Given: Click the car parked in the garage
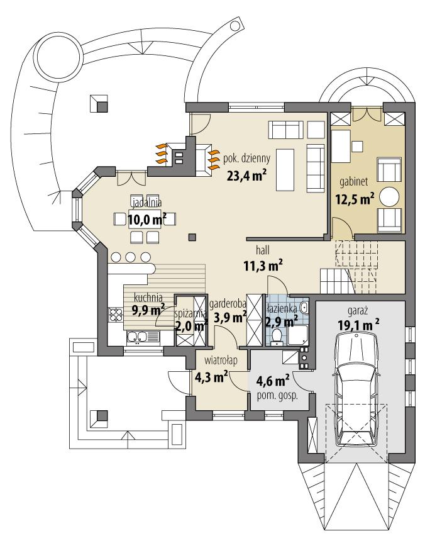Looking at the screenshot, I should pyautogui.click(x=355, y=389).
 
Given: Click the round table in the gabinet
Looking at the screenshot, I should pyautogui.click(x=390, y=196).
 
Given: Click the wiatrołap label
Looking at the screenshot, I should pyautogui.click(x=220, y=361).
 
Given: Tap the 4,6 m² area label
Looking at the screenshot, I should pyautogui.click(x=271, y=381).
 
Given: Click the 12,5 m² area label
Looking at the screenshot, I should pyautogui.click(x=354, y=198).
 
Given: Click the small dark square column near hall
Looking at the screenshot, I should pyautogui.click(x=192, y=237).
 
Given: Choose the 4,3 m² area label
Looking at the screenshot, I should pyautogui.click(x=211, y=378).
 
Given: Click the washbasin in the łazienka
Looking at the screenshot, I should pyautogui.click(x=304, y=308).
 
